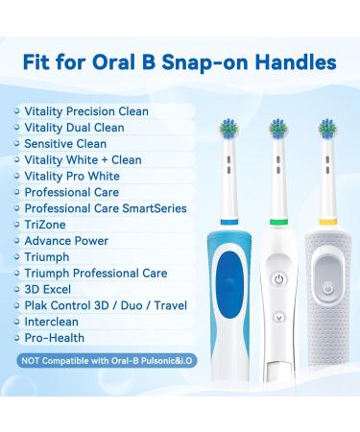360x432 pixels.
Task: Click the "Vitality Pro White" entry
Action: click(x=72, y=176)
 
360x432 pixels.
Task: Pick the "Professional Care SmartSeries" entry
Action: click(x=106, y=208)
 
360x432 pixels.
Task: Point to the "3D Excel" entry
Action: click(x=49, y=289)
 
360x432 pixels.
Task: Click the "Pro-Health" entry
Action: click(x=55, y=338)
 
